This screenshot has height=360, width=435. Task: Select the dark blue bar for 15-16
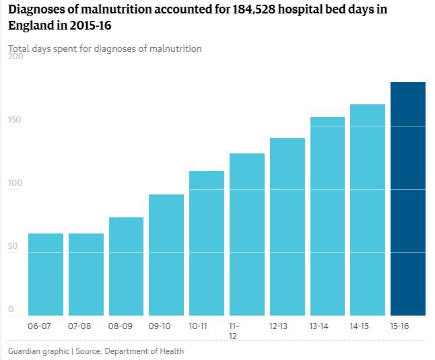point(408,199)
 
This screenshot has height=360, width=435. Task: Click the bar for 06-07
point(46,274)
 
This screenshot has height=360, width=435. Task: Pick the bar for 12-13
point(288,226)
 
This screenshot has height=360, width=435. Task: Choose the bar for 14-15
point(368,209)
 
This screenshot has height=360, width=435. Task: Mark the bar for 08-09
point(126,266)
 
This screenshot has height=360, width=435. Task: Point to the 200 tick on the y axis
point(15,57)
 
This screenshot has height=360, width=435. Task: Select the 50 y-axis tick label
point(13,246)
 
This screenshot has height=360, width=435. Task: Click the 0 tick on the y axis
point(11,310)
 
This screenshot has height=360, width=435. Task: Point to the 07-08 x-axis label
point(79,326)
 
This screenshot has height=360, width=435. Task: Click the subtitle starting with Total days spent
point(105,48)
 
